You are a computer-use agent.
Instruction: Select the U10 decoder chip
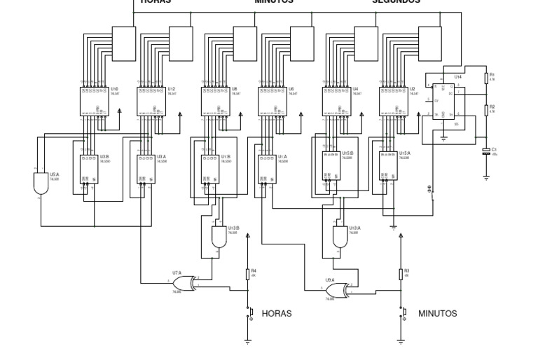point(95,101)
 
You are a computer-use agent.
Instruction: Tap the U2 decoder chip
point(393,101)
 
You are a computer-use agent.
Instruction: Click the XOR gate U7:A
point(184,282)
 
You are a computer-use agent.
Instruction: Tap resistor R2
point(486,109)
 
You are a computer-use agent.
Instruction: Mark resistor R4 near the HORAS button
point(248,274)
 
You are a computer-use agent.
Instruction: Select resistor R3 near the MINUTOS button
point(401,274)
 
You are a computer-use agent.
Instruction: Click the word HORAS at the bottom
point(276,313)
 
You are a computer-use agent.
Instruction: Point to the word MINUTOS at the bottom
point(437,313)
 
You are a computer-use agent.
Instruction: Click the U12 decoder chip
point(152,101)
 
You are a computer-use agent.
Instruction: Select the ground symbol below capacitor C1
point(486,178)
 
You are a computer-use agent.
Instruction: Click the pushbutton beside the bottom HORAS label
point(249,312)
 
